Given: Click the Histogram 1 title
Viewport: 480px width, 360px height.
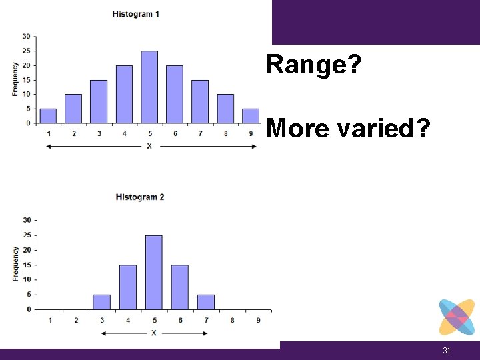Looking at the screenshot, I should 135,14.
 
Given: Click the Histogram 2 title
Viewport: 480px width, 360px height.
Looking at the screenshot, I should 140,197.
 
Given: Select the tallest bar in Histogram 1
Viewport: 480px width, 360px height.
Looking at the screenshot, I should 149,87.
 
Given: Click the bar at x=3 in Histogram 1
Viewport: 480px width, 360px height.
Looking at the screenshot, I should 99,101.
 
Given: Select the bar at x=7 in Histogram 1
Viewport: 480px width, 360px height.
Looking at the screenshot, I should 200,101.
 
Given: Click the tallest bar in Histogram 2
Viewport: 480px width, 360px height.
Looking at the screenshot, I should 153,272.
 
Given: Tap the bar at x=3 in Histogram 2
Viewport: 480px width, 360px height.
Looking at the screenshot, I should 101,302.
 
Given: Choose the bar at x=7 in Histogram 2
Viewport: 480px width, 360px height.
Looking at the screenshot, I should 206,302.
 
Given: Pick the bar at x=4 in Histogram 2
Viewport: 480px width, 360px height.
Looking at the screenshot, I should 127,287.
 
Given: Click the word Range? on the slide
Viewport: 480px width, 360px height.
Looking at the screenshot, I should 313,65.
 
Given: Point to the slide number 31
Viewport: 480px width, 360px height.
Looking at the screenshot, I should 447,351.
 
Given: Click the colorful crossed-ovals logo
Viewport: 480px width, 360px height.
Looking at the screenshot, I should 457,317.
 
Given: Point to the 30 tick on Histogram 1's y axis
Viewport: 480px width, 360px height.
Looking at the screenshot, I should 25,36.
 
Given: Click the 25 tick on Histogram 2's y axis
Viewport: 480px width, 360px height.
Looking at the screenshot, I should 27,235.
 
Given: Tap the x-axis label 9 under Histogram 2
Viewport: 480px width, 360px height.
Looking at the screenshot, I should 259,320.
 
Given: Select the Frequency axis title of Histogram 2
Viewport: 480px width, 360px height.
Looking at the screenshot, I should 15,264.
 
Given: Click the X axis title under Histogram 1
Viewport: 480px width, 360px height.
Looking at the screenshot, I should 149,146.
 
